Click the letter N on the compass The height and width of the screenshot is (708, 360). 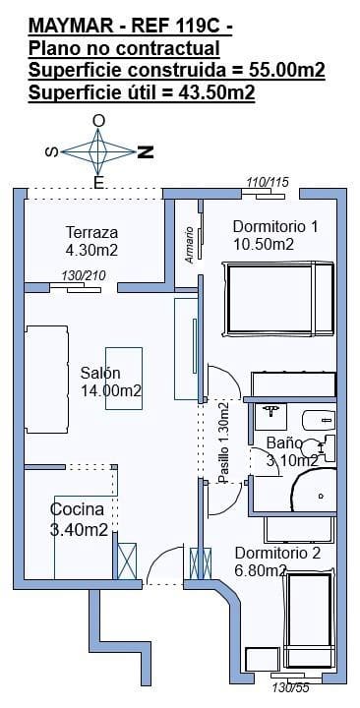[146, 152]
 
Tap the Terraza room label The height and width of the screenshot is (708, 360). [92, 232]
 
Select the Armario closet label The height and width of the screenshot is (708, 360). [189, 245]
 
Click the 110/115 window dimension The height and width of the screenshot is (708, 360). [268, 183]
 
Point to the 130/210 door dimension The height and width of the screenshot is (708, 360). [84, 276]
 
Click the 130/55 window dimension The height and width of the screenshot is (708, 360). [290, 687]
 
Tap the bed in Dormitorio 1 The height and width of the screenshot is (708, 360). [278, 299]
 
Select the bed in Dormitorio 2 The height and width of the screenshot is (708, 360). [309, 619]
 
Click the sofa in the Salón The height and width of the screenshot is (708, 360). [46, 380]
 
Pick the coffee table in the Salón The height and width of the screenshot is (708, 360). [124, 379]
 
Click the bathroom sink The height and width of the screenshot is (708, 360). [271, 416]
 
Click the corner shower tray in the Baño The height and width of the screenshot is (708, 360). [313, 490]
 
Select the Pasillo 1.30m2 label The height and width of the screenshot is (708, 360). [222, 442]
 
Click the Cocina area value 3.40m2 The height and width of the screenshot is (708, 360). [79, 529]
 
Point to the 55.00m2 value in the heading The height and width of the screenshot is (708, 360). [287, 70]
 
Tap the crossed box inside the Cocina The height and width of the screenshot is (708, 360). [127, 560]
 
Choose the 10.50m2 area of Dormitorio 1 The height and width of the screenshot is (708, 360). [264, 244]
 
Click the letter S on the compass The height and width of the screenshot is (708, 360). [52, 152]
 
